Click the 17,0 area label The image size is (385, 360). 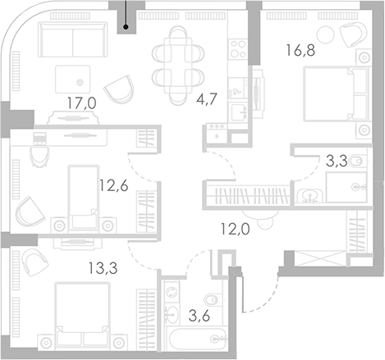(82, 103)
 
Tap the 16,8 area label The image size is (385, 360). (300, 50)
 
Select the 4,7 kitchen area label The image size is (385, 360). (207, 99)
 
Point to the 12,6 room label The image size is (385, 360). (113, 186)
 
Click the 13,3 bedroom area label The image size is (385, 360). (103, 268)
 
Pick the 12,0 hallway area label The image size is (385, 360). (236, 229)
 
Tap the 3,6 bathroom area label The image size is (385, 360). (199, 316)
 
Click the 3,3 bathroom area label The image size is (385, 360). (337, 161)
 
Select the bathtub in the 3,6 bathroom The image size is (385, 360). (198, 339)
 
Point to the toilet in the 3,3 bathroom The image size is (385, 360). (358, 162)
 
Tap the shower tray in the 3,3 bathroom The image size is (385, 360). (346, 187)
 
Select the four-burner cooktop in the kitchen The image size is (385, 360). (238, 49)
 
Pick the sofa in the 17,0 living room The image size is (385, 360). (73, 39)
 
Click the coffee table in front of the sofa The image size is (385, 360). (73, 80)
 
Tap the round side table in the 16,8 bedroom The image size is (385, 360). (325, 34)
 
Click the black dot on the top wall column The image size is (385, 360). (126, 27)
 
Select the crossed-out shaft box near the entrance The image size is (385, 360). (321, 258)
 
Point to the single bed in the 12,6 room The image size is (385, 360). (84, 197)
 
